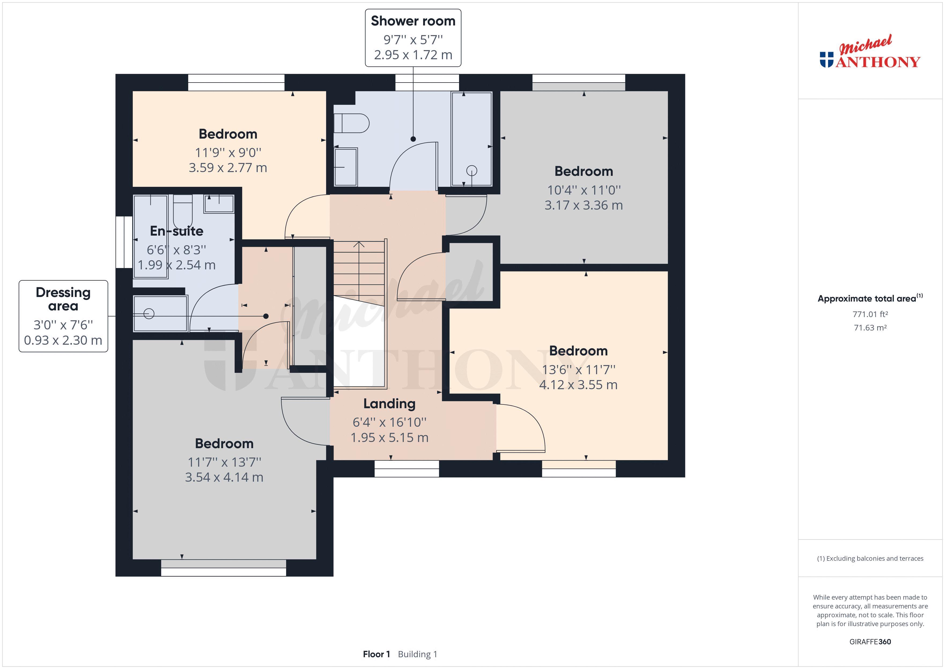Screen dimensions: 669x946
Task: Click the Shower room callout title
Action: click(413, 21)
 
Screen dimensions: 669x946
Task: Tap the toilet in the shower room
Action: click(351, 123)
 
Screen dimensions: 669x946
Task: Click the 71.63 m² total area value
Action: click(870, 328)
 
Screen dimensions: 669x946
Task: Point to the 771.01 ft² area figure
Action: click(870, 314)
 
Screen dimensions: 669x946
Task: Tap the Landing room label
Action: click(389, 404)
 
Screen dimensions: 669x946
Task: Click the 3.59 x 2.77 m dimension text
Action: click(228, 168)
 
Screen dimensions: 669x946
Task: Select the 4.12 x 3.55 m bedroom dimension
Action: click(578, 385)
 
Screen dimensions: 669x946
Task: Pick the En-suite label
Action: click(176, 231)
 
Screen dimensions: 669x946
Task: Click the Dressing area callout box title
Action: click(63, 299)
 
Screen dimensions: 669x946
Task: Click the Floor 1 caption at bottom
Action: click(376, 654)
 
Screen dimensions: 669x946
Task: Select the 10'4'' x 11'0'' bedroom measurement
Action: click(583, 190)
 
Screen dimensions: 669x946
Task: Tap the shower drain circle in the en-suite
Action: click(149, 314)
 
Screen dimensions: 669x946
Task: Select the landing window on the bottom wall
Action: click(407, 469)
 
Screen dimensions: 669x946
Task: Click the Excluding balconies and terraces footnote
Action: click(870, 559)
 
